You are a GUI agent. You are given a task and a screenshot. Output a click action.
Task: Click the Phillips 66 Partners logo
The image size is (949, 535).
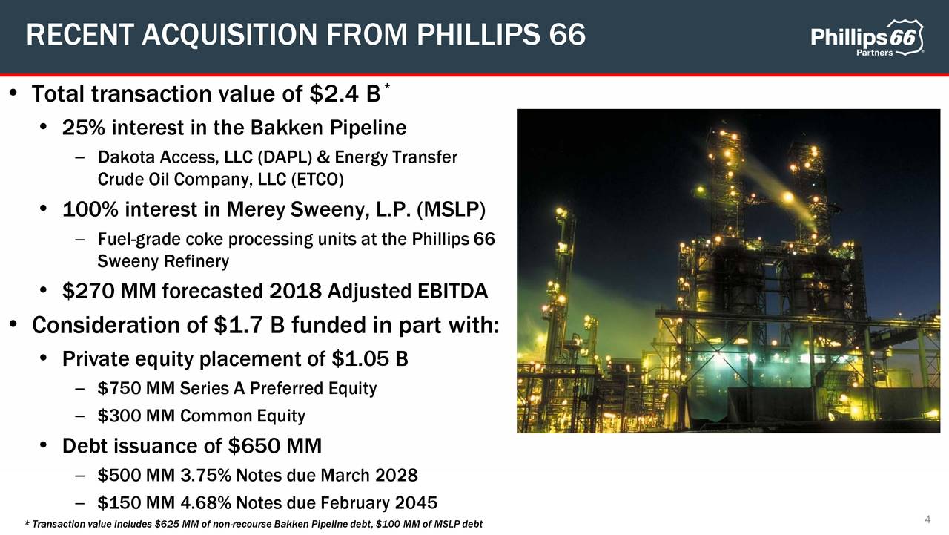click(x=867, y=40)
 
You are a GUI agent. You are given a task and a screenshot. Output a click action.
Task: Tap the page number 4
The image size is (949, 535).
click(x=927, y=518)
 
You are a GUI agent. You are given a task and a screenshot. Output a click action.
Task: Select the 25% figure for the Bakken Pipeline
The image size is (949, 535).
click(x=83, y=128)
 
